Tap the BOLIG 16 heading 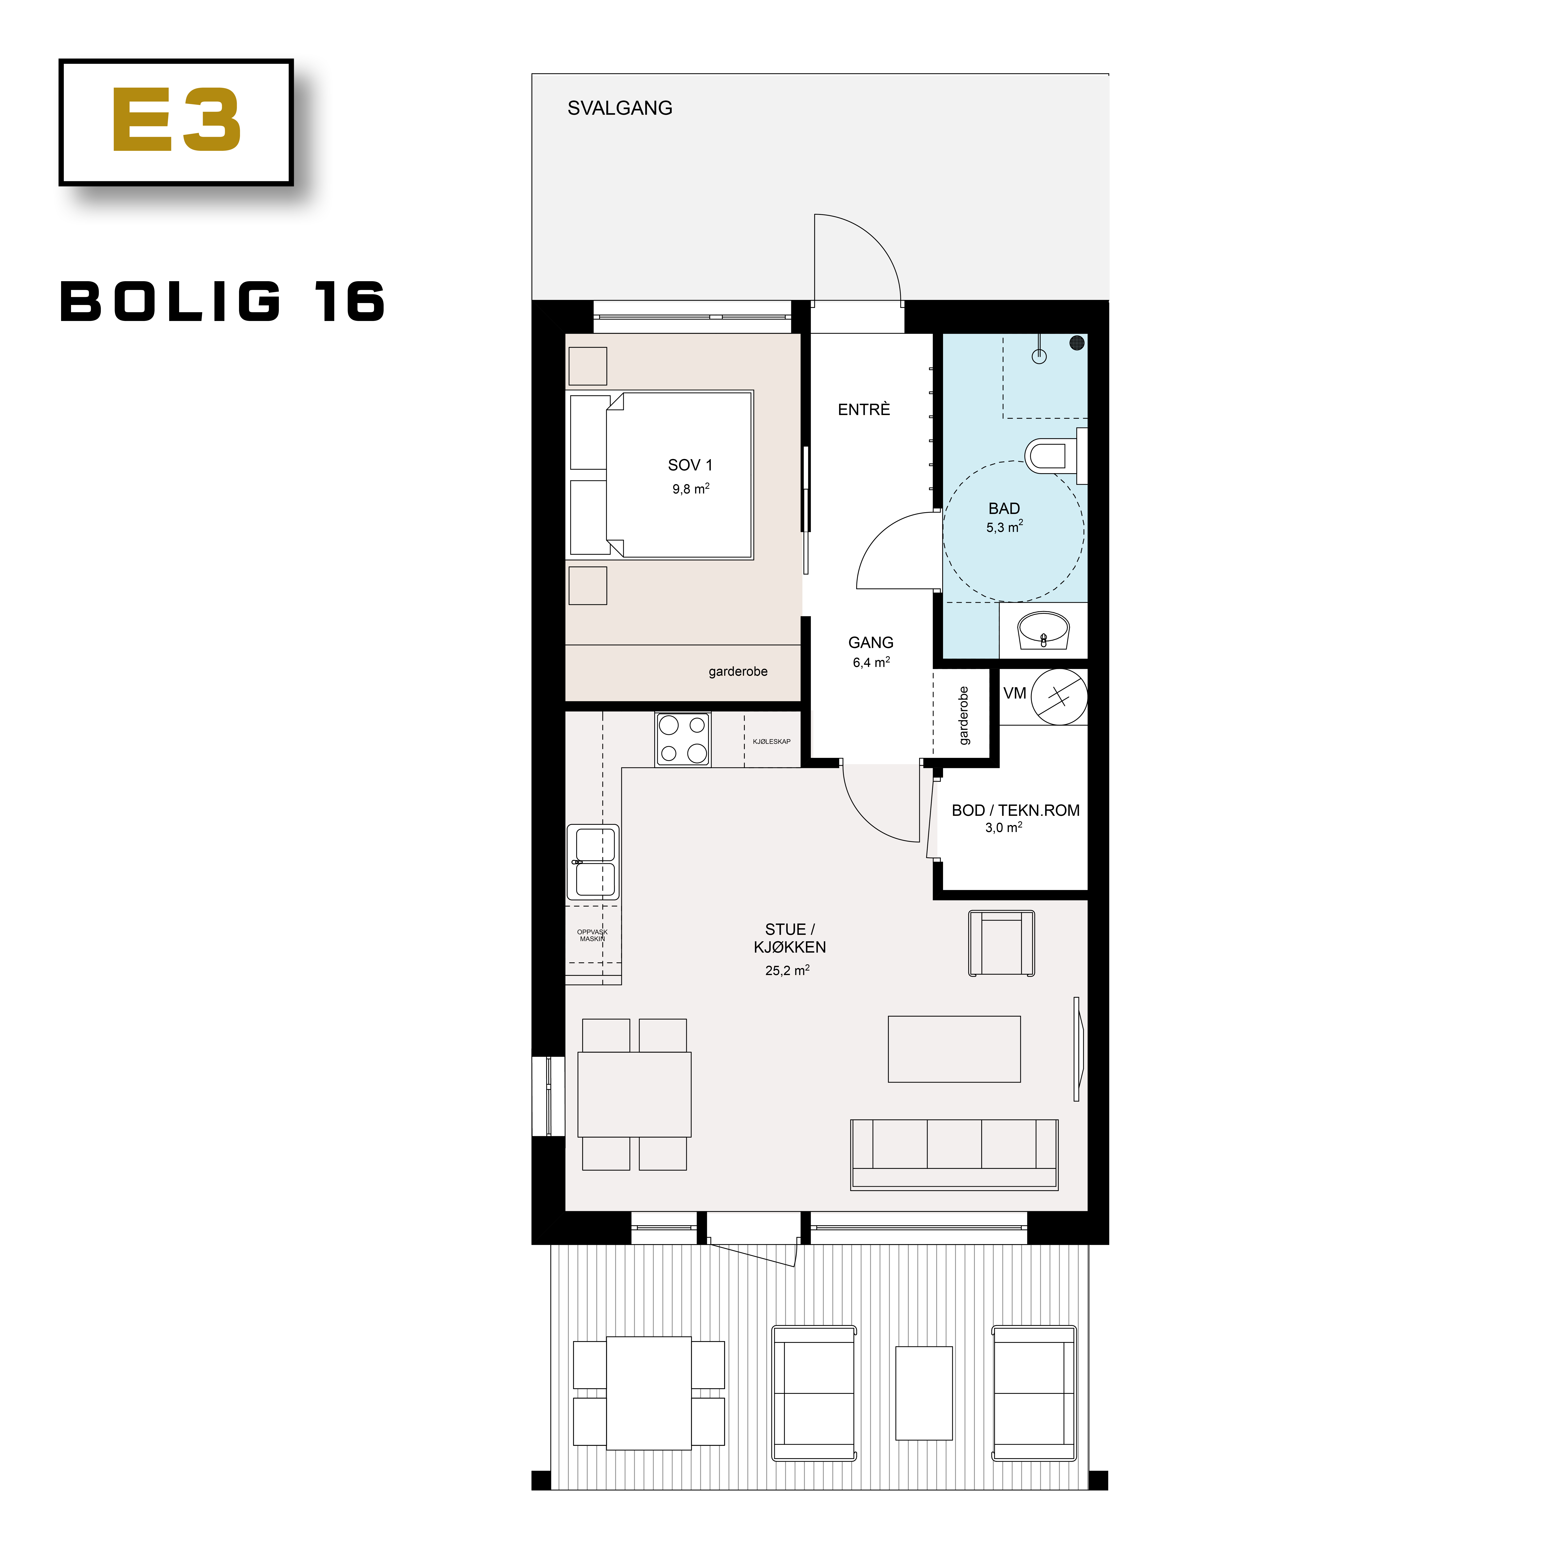coord(222,302)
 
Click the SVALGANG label coord(620,108)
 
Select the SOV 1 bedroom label coord(690,465)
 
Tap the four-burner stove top coord(683,739)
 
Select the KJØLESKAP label coord(772,742)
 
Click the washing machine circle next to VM coord(1058,696)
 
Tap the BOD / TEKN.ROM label coord(1015,810)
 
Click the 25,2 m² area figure coord(787,970)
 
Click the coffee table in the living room coord(954,1049)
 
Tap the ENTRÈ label coord(864,410)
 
